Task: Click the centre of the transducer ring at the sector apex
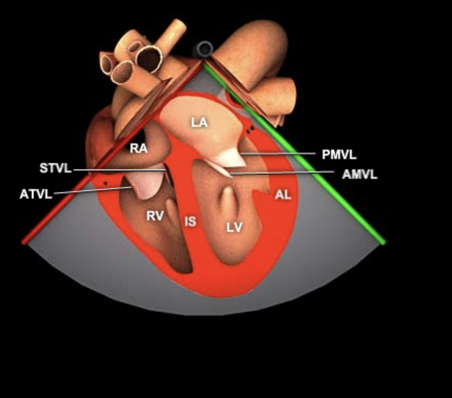coord(204,49)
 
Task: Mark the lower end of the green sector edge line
coord(383,243)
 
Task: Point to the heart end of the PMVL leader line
coord(242,154)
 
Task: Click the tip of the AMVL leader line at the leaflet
coord(230,175)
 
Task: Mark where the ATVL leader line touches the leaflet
coord(131,188)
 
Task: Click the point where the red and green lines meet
coord(204,63)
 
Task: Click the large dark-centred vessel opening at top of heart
coord(149,59)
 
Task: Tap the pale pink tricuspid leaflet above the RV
coord(145,184)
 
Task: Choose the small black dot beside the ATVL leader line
coord(106,183)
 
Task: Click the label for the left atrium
coord(199,123)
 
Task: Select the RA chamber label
coord(139,149)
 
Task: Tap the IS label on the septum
coord(190,221)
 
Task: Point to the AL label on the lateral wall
coord(283,195)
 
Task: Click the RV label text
coord(155,216)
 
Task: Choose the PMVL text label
coord(339,155)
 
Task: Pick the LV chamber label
coord(234,228)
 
